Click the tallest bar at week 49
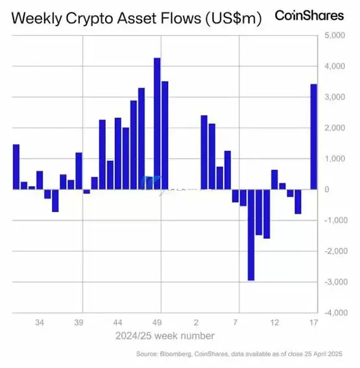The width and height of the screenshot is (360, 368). (x=157, y=123)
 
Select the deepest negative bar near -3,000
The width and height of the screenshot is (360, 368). (x=251, y=234)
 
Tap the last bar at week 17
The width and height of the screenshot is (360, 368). (x=314, y=136)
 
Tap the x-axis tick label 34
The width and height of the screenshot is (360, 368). (x=40, y=323)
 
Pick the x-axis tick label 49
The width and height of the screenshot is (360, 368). (x=157, y=323)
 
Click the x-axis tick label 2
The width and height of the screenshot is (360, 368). (x=196, y=323)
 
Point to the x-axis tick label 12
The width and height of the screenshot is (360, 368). (x=274, y=323)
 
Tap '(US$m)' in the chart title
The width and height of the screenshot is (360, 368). (x=232, y=19)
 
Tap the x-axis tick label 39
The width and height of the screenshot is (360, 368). (x=78, y=323)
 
